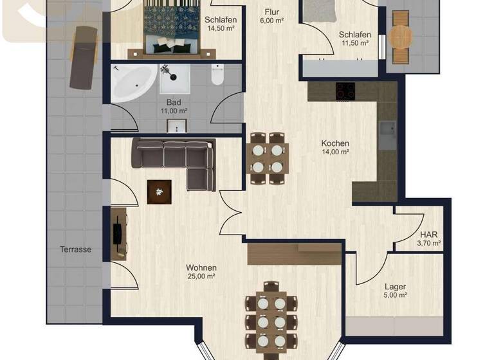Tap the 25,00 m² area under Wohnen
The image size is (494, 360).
201,276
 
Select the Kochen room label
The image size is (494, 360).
335,143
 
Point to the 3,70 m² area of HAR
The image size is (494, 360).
429,244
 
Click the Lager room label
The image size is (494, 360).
395,287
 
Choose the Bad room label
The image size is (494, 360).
174,102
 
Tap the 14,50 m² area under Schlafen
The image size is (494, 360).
221,28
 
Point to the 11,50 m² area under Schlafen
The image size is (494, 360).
354,43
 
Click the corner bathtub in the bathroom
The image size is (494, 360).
133,82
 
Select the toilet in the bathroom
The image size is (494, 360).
217,75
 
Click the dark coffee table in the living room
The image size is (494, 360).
160,191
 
